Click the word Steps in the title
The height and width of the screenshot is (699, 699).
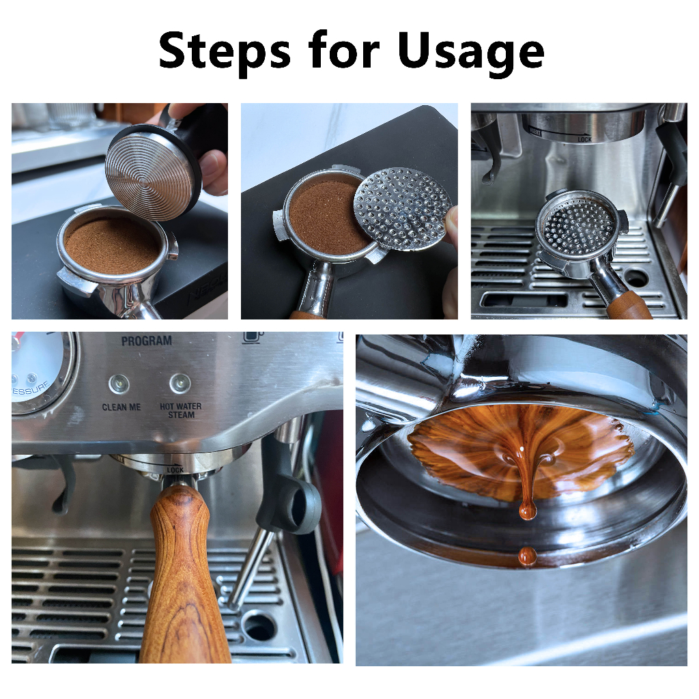225,52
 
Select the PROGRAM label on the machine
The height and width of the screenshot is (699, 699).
146,341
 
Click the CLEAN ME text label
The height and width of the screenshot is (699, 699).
121,408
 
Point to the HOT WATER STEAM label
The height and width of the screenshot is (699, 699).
181,410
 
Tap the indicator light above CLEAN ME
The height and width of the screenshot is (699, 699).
119,384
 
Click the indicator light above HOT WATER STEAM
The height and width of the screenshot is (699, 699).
180,384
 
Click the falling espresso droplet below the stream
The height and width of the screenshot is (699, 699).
526,556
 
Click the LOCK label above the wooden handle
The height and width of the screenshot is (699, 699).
175,470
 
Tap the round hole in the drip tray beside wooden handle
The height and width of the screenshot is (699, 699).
259,625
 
